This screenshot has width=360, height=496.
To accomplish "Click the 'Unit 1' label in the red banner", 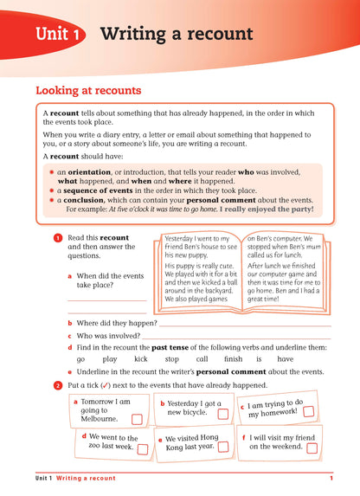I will point(60,35).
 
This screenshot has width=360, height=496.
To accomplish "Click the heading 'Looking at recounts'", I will point(88,89).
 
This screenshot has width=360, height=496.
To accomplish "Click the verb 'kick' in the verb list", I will point(141,358).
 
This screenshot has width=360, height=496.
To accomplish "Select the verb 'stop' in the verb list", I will point(172,358).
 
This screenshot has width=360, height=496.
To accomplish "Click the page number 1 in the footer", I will point(331,479).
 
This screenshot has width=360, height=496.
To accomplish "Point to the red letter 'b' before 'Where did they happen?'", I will point(68,322).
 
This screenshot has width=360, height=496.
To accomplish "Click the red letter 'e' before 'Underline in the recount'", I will point(68,371).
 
